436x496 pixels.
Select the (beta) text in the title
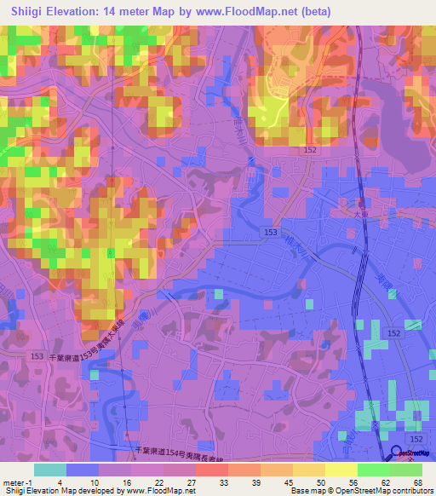[x=310, y=11]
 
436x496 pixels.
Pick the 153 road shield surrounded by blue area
[x=270, y=231]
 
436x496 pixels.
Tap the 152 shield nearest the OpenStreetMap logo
[x=414, y=437]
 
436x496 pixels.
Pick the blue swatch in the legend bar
[x=82, y=470]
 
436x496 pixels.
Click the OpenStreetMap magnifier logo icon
[x=397, y=453]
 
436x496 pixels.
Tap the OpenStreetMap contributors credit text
[x=387, y=491]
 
